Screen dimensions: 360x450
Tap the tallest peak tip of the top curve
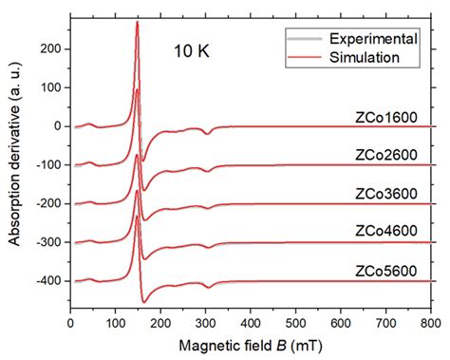[139, 22]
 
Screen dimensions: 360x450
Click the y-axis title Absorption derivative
[15, 161]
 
